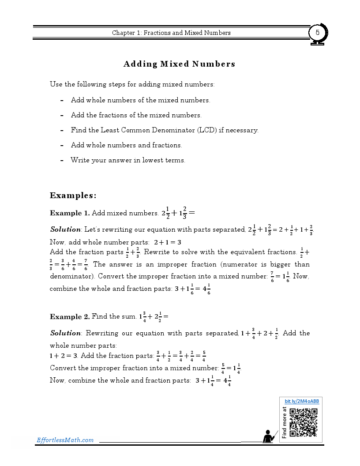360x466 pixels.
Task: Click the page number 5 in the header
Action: point(317,33)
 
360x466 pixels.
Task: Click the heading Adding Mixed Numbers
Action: point(179,64)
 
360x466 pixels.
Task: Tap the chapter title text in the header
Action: point(171,33)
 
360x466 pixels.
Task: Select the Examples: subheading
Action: point(73,195)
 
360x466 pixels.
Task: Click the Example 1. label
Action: point(69,213)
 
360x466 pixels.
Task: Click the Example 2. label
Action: point(69,316)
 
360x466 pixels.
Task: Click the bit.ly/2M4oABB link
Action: point(302,401)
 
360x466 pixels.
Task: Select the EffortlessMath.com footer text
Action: point(65,440)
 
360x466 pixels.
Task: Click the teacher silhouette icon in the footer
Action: point(269,436)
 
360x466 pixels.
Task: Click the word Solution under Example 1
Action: point(65,229)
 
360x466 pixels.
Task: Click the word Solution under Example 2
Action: point(65,333)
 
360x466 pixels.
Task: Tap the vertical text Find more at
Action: point(284,422)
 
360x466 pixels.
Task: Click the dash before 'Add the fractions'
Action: point(62,115)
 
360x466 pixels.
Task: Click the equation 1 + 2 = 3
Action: point(64,356)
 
